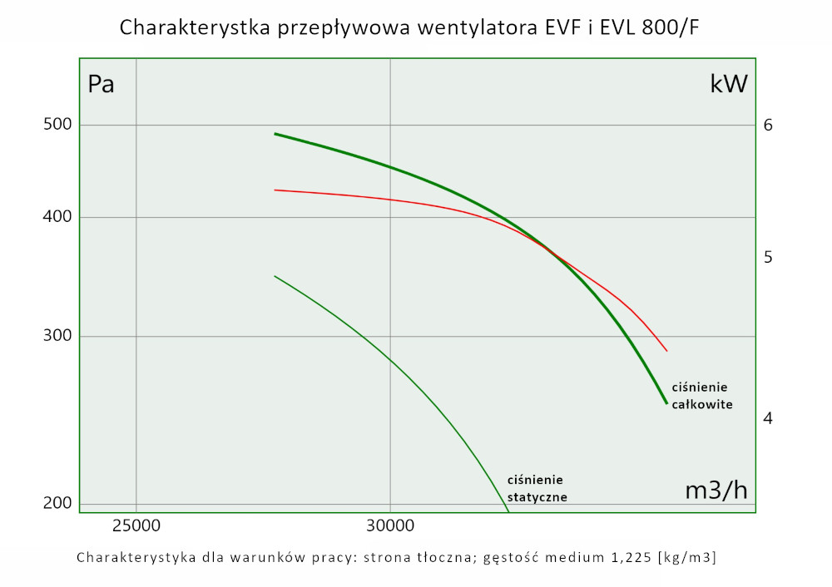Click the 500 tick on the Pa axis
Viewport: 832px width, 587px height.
[x=57, y=125]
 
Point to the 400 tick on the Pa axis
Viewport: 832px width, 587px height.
[x=57, y=218]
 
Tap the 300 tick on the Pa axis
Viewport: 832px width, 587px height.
[x=57, y=337]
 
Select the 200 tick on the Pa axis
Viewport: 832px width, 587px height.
[x=57, y=504]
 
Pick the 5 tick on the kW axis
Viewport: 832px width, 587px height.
[x=768, y=258]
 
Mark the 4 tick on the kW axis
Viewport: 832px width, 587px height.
[x=768, y=417]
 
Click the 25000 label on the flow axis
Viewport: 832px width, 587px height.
[x=136, y=525]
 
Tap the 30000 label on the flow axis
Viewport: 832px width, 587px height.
[x=390, y=525]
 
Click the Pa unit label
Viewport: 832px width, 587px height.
[x=101, y=85]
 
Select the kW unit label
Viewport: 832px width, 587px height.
[x=729, y=84]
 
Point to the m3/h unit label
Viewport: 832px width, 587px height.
[x=716, y=491]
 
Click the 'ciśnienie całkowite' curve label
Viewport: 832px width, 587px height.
[x=701, y=396]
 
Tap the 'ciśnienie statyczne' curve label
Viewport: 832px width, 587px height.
[x=537, y=488]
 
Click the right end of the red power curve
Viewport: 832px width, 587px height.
[x=667, y=351]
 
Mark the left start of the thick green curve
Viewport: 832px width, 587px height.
[x=275, y=134]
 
